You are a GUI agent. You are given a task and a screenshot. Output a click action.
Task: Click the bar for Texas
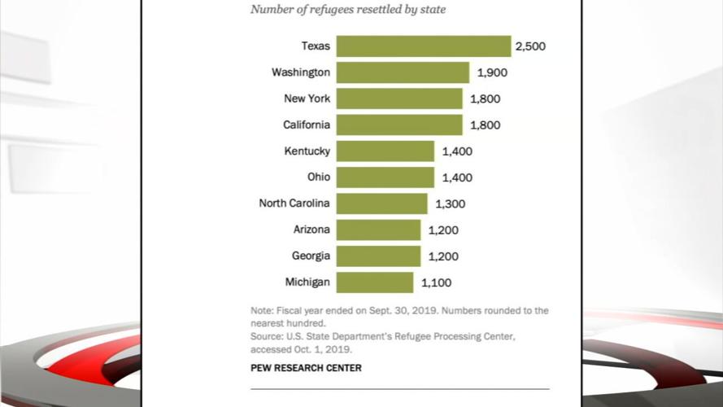tap(423, 46)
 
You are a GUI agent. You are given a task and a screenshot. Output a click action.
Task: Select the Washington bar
tap(403, 72)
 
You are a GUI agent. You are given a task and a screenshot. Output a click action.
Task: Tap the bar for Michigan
tap(374, 282)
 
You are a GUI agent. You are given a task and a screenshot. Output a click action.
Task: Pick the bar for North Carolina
tap(381, 203)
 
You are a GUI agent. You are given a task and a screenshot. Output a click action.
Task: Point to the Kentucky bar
tap(385, 151)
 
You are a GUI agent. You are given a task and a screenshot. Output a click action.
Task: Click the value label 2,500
tap(529, 46)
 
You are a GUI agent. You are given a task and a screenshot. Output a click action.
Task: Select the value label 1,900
tap(492, 72)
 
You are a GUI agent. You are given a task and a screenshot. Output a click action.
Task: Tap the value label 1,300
tap(449, 203)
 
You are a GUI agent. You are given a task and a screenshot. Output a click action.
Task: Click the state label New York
tap(307, 98)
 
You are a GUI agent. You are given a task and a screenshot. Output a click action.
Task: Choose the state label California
tap(306, 125)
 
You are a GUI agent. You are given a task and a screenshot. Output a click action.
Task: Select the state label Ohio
tap(319, 177)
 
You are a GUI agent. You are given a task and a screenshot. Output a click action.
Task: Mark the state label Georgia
tap(311, 256)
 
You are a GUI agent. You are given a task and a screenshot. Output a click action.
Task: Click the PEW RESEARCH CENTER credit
tap(306, 368)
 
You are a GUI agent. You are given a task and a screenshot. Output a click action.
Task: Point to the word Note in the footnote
tap(262, 310)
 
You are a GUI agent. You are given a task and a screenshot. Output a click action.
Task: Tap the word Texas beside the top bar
tap(316, 46)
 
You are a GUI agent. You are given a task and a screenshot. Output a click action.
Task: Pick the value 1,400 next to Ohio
tap(456, 177)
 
